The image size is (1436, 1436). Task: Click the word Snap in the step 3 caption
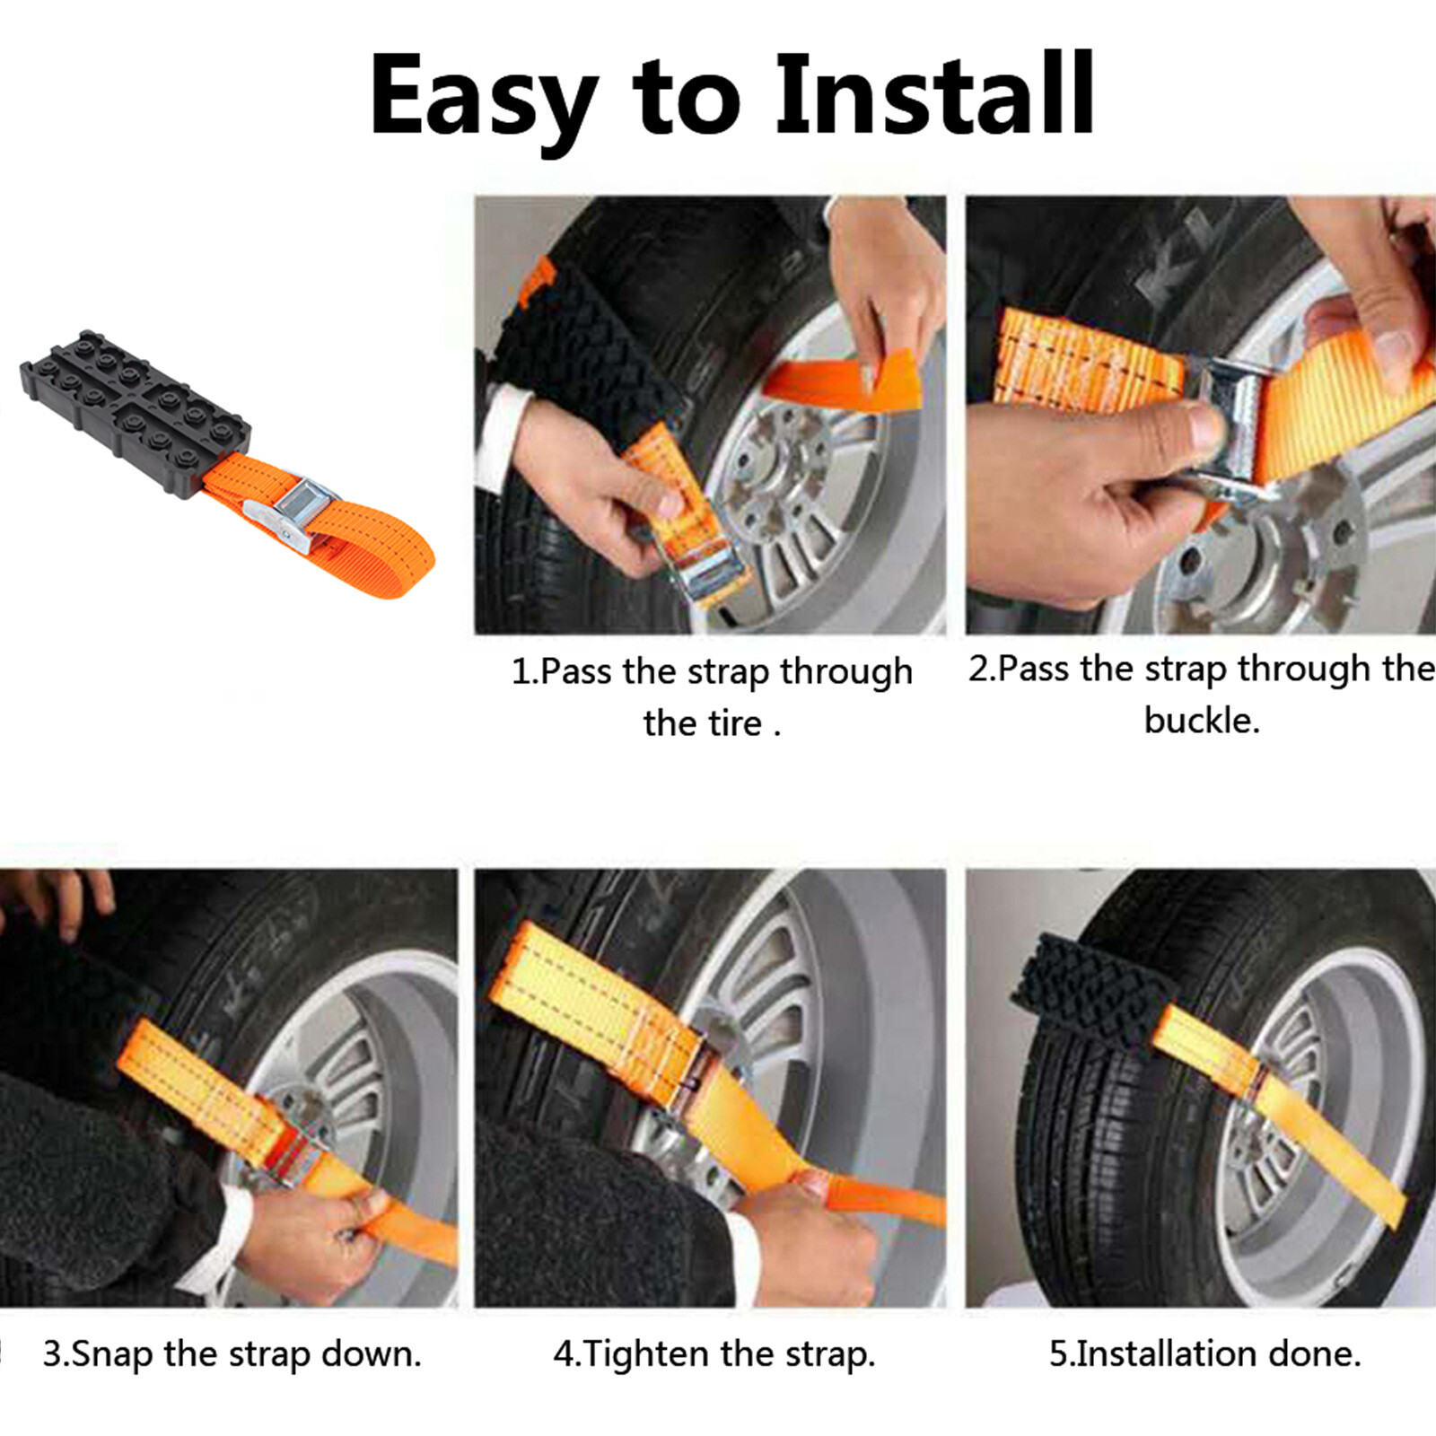(x=111, y=1353)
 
